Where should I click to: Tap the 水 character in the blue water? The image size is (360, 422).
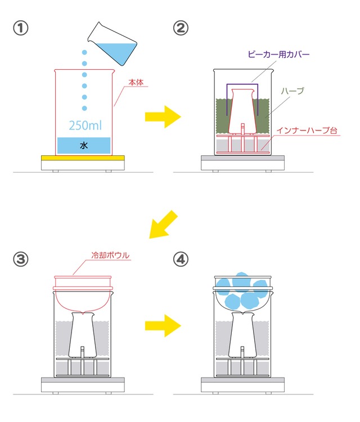pyautogui.click(x=84, y=145)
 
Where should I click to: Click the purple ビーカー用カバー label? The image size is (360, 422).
pyautogui.click(x=279, y=55)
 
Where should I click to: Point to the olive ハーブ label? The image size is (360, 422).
pyautogui.click(x=293, y=90)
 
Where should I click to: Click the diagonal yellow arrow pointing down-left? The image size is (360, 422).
pyautogui.click(x=163, y=225)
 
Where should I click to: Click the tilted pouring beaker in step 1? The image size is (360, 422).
pyautogui.click(x=114, y=41)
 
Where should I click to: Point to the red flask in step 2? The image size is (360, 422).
pyautogui.click(x=242, y=110)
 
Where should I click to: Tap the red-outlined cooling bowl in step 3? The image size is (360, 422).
pyautogui.click(x=83, y=295)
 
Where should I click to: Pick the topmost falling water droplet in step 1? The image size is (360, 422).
pyautogui.click(x=85, y=52)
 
